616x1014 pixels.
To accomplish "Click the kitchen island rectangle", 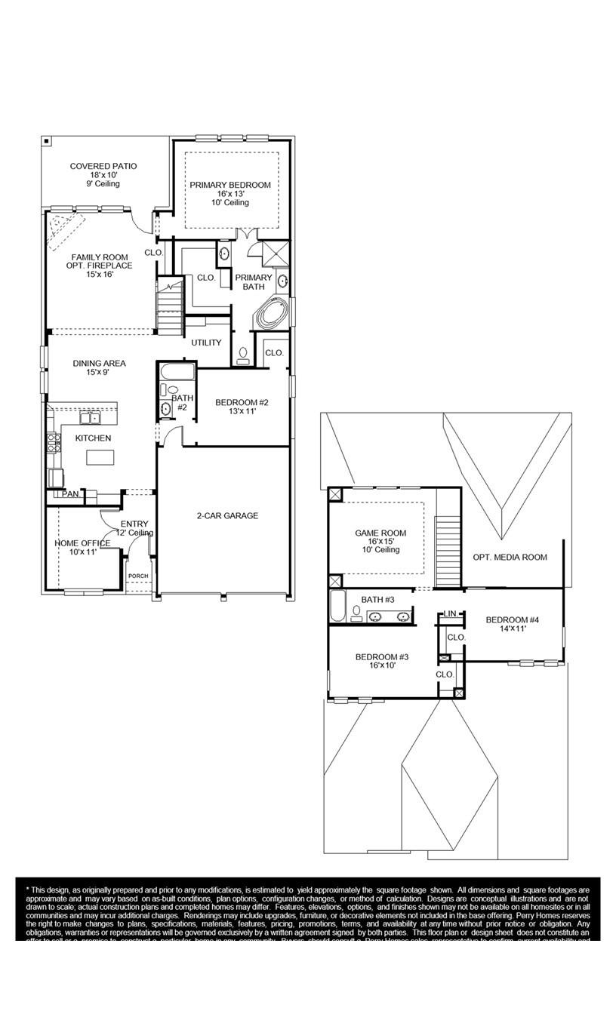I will (100, 457).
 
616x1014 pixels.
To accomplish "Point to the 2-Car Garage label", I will (223, 516).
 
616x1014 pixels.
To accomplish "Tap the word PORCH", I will (138, 576).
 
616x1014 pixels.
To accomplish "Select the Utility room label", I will (206, 343).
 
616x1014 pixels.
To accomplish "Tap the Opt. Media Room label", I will (510, 558).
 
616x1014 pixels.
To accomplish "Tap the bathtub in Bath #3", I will (338, 606).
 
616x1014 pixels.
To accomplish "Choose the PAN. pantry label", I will (70, 495).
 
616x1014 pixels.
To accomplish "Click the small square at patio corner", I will (47, 140).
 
